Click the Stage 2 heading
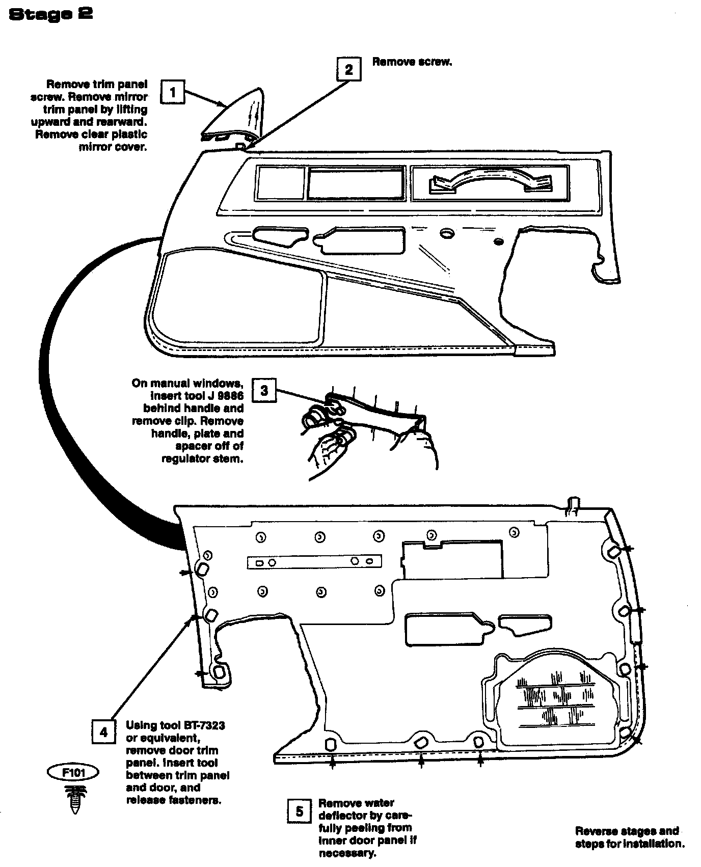coord(51,14)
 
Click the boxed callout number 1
coord(173,92)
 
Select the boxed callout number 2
coord(349,69)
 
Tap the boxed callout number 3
coord(264,391)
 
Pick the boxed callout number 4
coord(103,733)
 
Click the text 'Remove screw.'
coord(412,62)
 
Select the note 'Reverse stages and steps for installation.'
coord(630,837)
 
